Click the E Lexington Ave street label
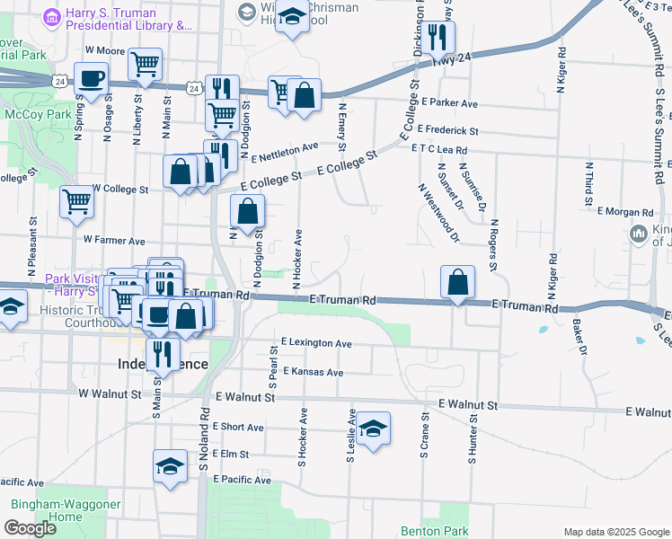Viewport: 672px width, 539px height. [315, 343]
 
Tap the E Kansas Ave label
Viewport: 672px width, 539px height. [313, 372]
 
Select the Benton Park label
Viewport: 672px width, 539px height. [423, 531]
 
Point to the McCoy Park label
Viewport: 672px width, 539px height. [31, 114]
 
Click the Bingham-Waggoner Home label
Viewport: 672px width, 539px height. [65, 510]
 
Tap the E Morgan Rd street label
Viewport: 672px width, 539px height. [624, 212]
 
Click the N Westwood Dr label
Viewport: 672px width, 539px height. [438, 214]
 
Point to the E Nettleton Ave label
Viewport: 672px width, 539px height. [285, 152]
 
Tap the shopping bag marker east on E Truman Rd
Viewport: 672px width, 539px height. [457, 281]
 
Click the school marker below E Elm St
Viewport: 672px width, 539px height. [169, 465]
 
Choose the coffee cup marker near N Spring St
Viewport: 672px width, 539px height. [91, 78]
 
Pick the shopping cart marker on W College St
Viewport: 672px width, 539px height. [77, 201]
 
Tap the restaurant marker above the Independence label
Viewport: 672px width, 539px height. [161, 352]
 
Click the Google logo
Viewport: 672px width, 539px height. [31, 528]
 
